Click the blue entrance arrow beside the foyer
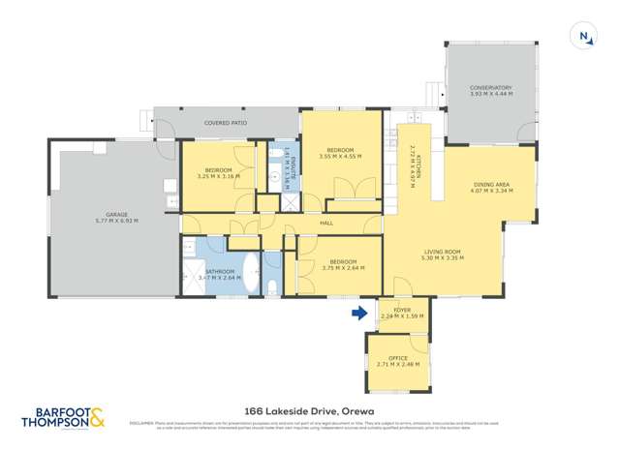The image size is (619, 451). click(x=358, y=313)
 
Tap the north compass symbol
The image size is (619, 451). click(x=584, y=37)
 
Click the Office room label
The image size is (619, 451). click(x=397, y=358)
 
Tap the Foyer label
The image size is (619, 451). click(x=402, y=311)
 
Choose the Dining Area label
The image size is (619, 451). click(x=489, y=184)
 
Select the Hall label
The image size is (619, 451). click(x=314, y=223)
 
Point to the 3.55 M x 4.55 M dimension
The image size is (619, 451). click(x=340, y=156)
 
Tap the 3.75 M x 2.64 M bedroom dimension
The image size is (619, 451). click(x=341, y=268)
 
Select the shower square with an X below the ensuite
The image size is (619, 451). click(x=289, y=202)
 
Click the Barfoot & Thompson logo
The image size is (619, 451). click(x=64, y=418)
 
